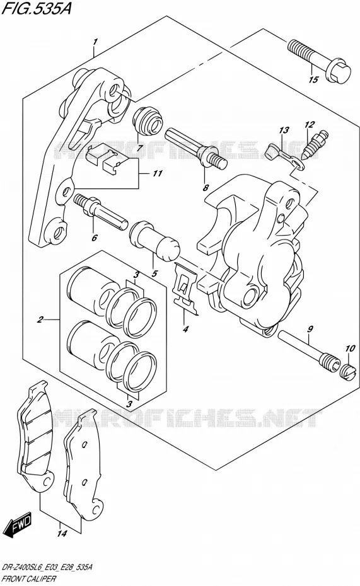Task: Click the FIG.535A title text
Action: click(37, 8)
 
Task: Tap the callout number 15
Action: click(313, 79)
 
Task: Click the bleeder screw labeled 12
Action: click(315, 146)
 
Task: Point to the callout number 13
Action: click(284, 130)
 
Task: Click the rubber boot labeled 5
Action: click(154, 241)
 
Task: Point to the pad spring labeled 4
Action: click(185, 287)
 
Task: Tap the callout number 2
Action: click(40, 319)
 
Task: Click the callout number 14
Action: click(62, 533)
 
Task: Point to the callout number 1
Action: click(96, 42)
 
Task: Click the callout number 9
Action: click(310, 330)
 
